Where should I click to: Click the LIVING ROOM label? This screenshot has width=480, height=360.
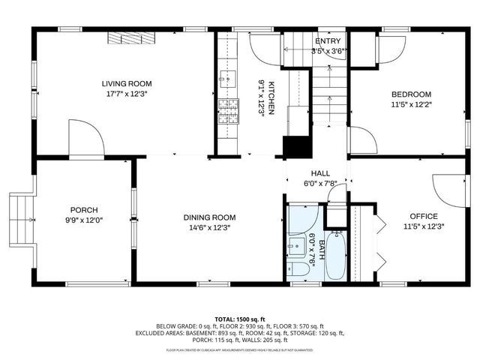pos(127,83)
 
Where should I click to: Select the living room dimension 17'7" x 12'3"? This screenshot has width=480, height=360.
pos(127,94)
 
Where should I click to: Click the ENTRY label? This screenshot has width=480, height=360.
pos(328,41)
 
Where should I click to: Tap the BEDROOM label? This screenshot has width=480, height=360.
pos(411,94)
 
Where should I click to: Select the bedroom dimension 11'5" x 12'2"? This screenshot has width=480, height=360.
pos(411,105)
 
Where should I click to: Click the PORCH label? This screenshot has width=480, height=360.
pos(84,210)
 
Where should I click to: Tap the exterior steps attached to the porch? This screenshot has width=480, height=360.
pos(21,220)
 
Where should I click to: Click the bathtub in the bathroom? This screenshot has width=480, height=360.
pos(334,255)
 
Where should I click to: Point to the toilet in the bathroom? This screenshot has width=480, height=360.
pos(297,270)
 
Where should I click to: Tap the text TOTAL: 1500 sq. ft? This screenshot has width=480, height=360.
pos(239,319)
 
